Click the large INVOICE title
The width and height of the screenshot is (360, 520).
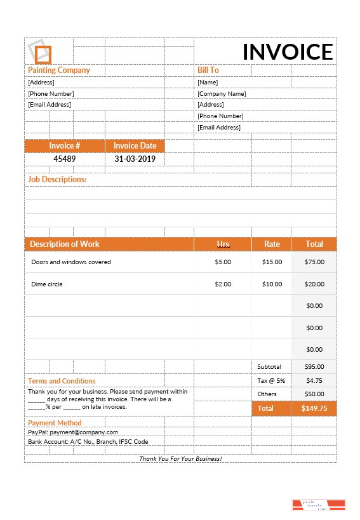pos(287,52)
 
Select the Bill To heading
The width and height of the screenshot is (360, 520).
pos(208,70)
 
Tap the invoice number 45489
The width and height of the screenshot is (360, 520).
pos(64,159)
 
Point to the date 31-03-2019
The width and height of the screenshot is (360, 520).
pos(135,159)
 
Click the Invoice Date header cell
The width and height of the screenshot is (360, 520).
pos(135,145)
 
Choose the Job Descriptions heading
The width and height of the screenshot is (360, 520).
pos(57,180)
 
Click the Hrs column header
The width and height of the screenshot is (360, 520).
pos(223,244)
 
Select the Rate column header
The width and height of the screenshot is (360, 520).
pos(272,244)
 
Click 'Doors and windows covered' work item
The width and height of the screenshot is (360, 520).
pos(71,262)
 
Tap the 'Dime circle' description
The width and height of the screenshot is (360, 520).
pos(47,284)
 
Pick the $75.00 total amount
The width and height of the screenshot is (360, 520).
pos(314,262)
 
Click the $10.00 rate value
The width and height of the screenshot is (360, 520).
pos(272,284)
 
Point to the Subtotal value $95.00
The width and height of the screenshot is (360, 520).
pos(314,366)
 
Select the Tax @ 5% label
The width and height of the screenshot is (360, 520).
pos(271,380)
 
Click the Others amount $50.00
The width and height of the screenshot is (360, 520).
pos(314,394)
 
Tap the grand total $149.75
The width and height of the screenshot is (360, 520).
pos(314,408)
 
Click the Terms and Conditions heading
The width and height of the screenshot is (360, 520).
pos(62,381)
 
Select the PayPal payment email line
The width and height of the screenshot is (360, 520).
pos(73,432)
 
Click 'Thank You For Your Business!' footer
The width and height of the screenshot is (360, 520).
pos(180,458)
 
